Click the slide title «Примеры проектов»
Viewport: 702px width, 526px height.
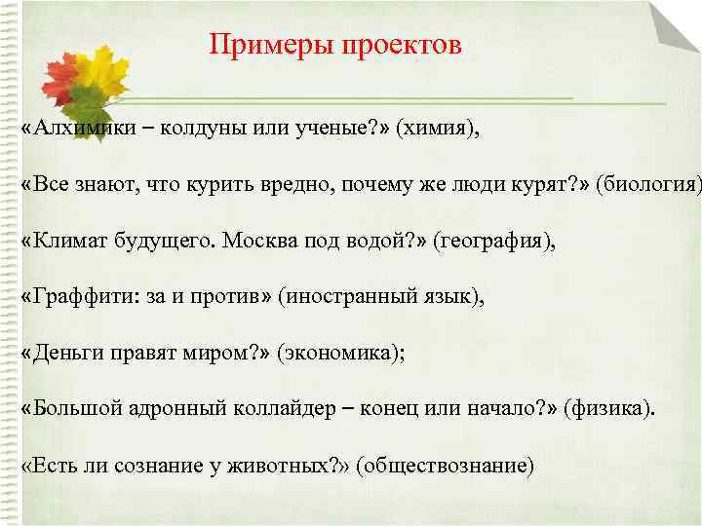tap(335, 46)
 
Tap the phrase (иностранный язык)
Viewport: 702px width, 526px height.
tap(381, 296)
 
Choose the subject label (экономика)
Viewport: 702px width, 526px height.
tap(340, 352)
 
